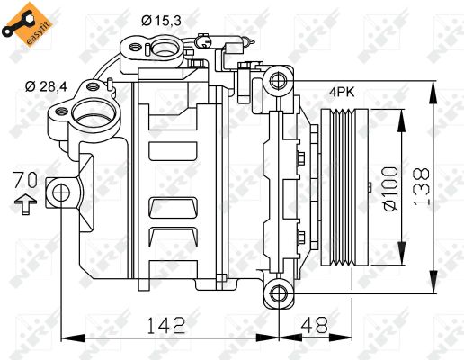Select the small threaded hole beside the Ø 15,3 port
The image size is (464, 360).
pos(136,46)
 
